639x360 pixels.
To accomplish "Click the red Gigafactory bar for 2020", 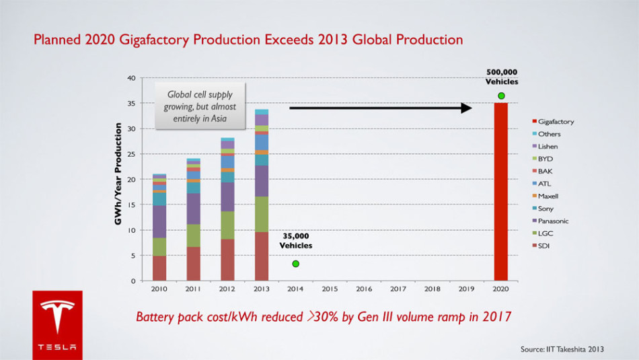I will (x=500, y=192).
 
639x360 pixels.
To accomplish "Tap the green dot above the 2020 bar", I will (x=501, y=96).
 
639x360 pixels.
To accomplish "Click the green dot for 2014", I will (x=296, y=263).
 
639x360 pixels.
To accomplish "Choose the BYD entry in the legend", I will (x=545, y=159).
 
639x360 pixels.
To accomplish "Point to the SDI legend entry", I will (x=543, y=246).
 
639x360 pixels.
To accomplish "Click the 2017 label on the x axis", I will (x=398, y=289).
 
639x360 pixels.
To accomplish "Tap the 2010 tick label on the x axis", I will (x=159, y=289).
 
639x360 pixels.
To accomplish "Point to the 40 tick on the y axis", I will (x=130, y=78).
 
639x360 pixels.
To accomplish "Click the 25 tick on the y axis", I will (x=130, y=154).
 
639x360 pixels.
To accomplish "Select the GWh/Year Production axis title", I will (x=118, y=174).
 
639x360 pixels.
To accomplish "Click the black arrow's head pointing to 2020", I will (x=467, y=108).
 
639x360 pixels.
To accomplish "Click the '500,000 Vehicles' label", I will (x=502, y=77).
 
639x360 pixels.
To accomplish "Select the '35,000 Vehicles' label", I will (x=296, y=241).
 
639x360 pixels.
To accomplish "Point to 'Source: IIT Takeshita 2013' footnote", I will (x=562, y=349).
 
